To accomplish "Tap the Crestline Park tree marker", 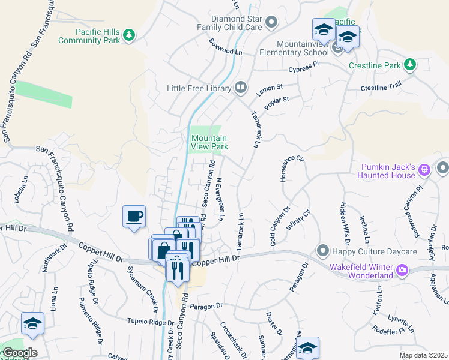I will pyautogui.click(x=410, y=64).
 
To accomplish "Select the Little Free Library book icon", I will pyautogui.click(x=240, y=88).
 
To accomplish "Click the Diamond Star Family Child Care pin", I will pyautogui.click(x=271, y=23).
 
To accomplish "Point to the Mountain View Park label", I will pyautogui.click(x=209, y=142).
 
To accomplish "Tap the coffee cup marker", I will pyautogui.click(x=134, y=215).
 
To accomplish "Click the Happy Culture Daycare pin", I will pyautogui.click(x=323, y=250).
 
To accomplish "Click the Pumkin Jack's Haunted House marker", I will pyautogui.click(x=424, y=170).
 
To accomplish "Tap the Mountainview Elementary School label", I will pyautogui.click(x=303, y=48).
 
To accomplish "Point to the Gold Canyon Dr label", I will pyautogui.click(x=280, y=226).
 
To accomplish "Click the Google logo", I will pyautogui.click(x=19, y=352).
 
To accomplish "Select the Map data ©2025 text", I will pyautogui.click(x=423, y=355).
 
